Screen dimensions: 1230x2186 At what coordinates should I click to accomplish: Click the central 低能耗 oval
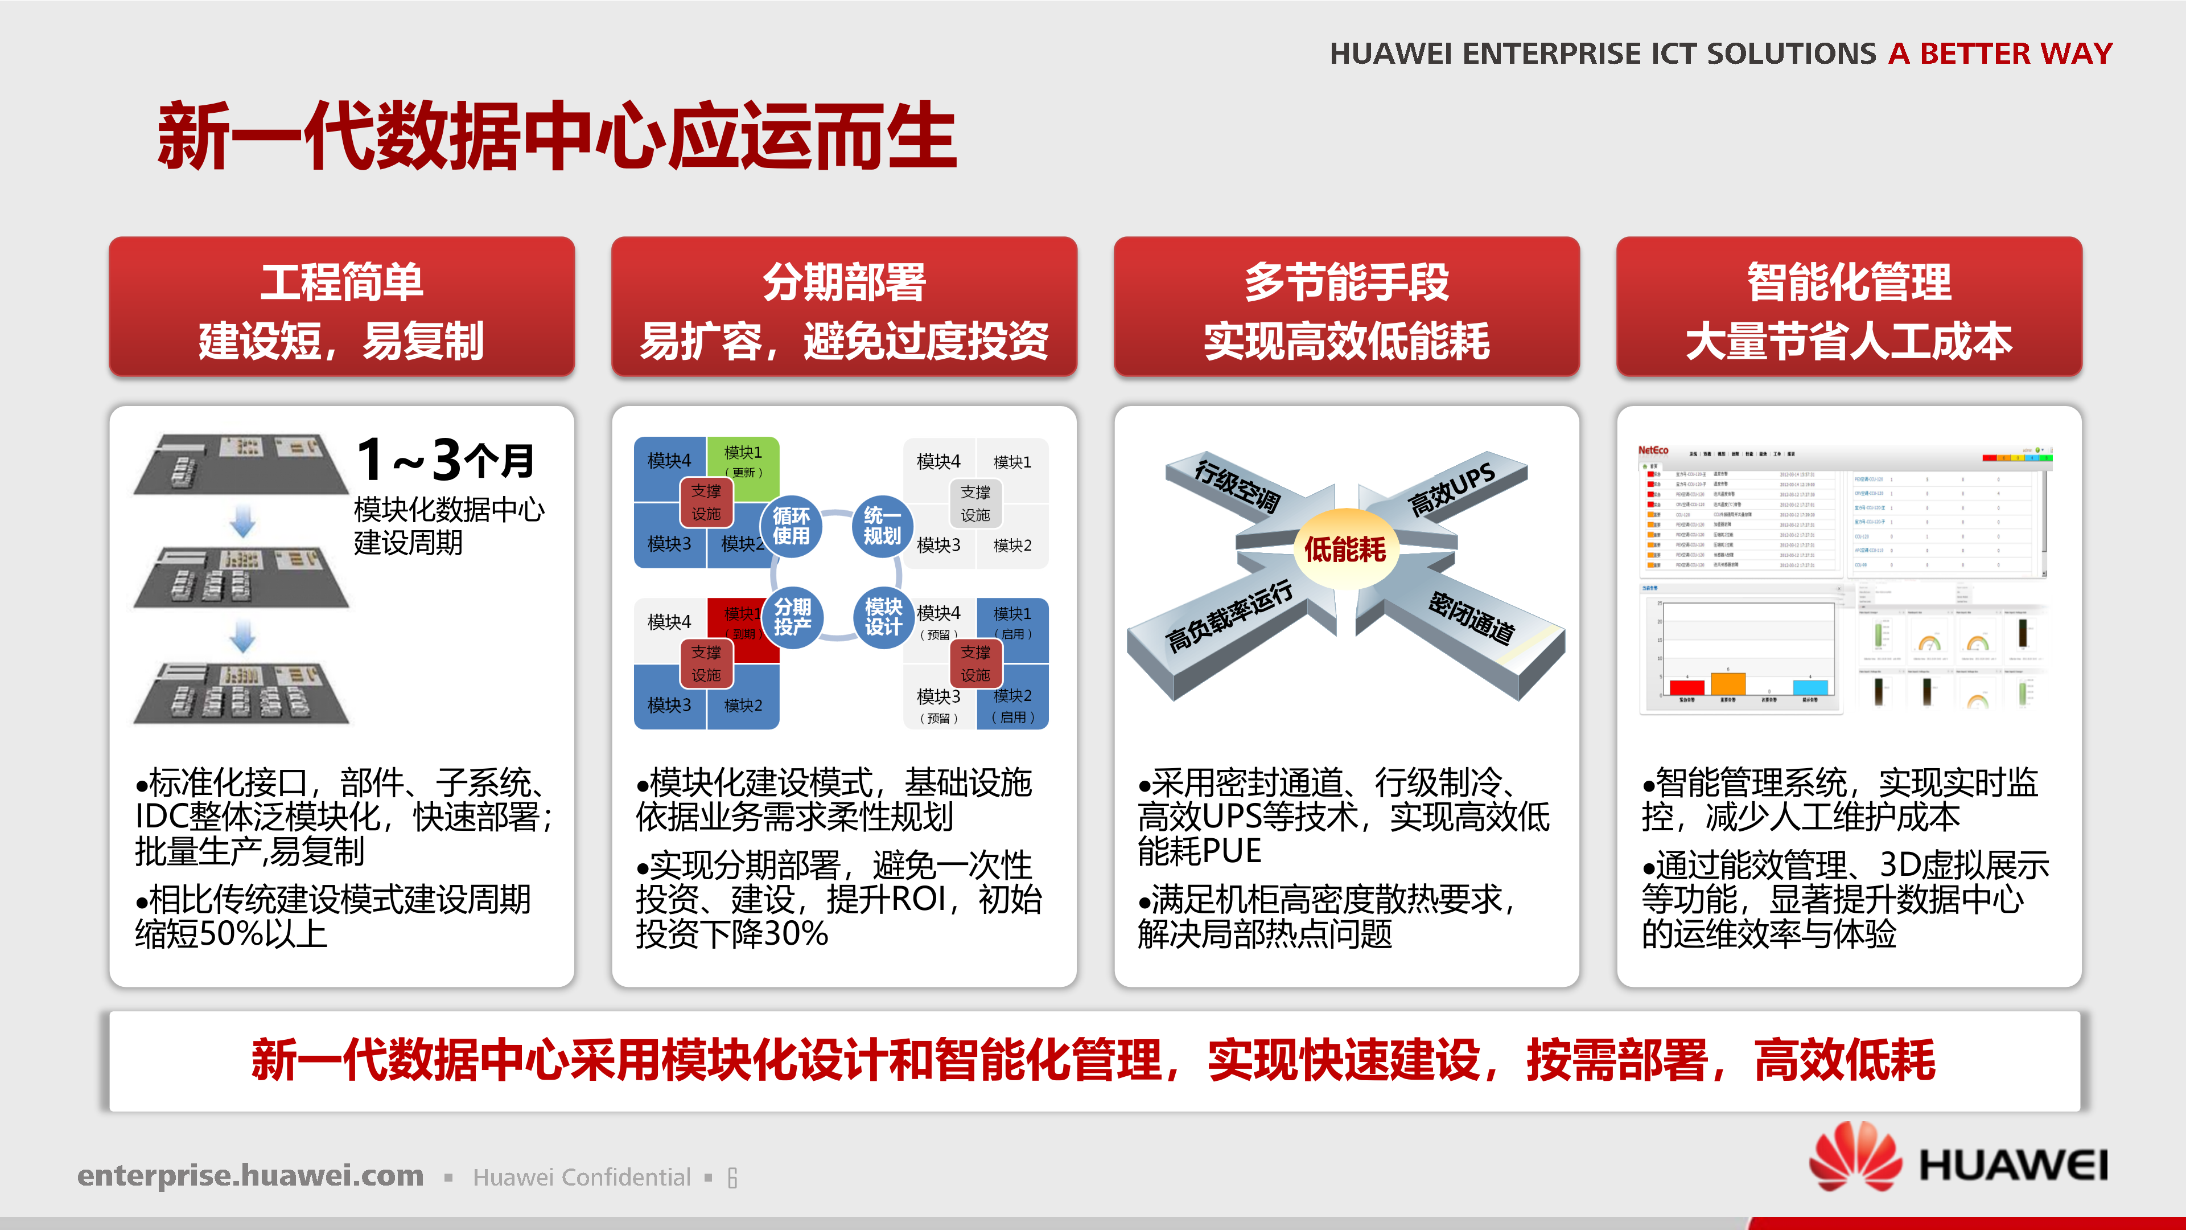[1345, 549]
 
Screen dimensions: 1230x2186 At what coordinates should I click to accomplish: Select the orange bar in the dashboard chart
[1728, 684]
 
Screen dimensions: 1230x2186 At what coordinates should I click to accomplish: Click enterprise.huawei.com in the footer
[250, 1176]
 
